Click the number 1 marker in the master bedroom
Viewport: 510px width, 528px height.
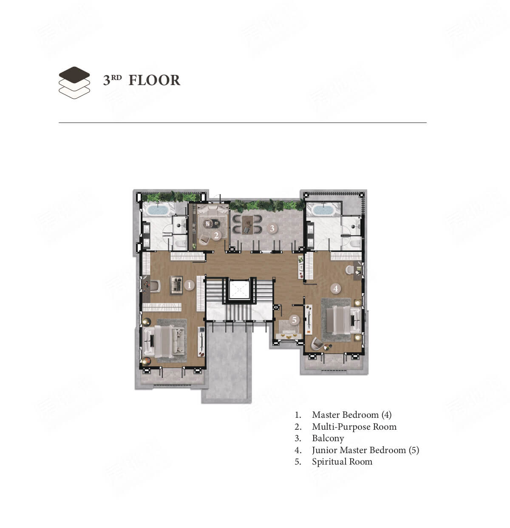[x=189, y=285]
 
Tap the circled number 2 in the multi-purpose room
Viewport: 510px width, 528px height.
[x=216, y=236]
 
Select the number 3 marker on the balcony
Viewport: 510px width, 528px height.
[x=272, y=228]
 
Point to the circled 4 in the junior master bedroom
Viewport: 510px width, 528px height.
[x=336, y=288]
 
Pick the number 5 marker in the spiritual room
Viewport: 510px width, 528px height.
[x=295, y=320]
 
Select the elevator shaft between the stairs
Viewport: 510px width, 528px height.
[x=238, y=289]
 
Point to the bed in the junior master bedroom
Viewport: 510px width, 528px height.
[x=343, y=320]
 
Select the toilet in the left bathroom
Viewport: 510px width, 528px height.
[x=179, y=243]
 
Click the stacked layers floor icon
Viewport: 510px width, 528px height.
[x=74, y=83]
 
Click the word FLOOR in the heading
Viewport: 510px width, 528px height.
[x=154, y=80]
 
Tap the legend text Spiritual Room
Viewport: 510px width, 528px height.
[x=342, y=462]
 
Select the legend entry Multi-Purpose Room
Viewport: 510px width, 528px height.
[x=354, y=427]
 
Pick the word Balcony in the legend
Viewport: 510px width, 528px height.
[x=328, y=439]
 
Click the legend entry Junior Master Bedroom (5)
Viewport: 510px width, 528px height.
[x=365, y=450]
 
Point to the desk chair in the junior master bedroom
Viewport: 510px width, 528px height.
[x=349, y=269]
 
